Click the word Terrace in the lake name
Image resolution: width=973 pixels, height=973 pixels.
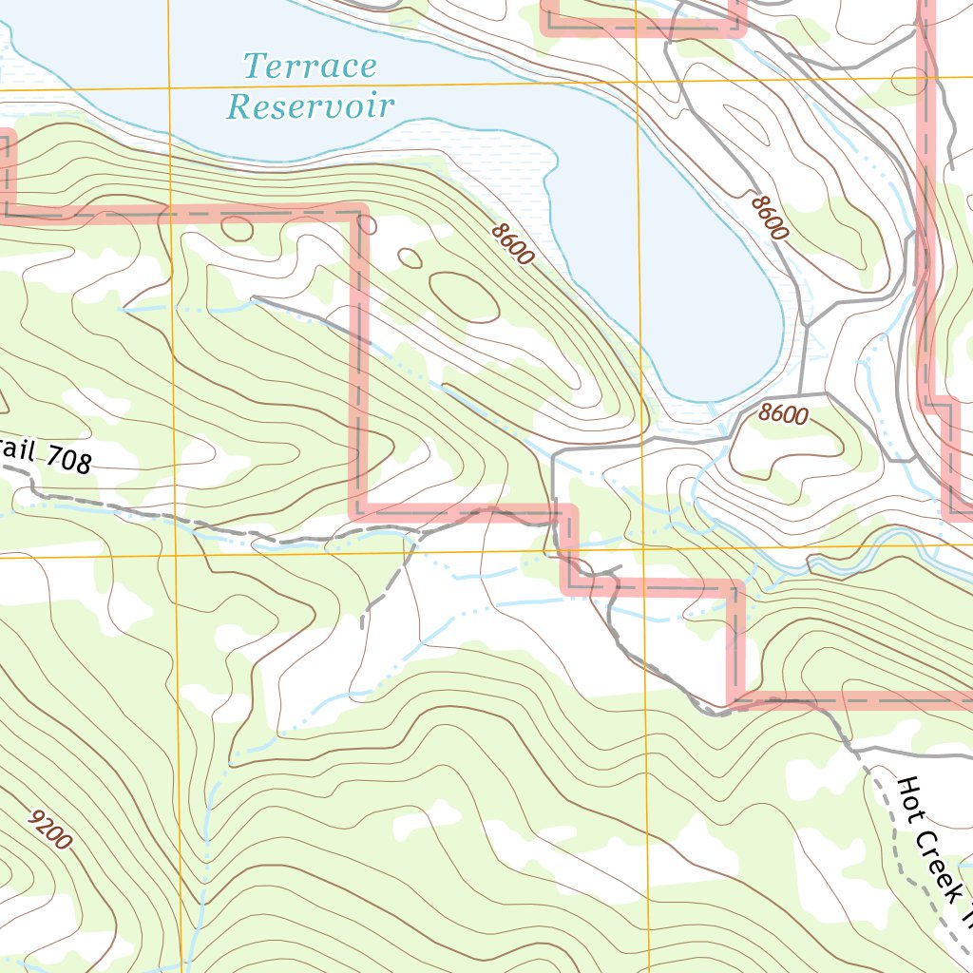click(x=310, y=67)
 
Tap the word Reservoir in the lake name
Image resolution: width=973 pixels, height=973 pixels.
click(x=310, y=105)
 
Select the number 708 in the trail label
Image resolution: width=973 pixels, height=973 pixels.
click(x=67, y=461)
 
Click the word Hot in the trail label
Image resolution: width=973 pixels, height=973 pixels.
click(x=909, y=796)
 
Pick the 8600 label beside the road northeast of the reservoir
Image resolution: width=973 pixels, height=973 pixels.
click(x=769, y=218)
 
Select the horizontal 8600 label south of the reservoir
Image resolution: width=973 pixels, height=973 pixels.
click(x=784, y=415)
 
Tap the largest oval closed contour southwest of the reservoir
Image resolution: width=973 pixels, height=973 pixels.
click(x=464, y=296)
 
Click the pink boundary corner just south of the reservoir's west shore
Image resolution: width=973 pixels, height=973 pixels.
click(x=360, y=212)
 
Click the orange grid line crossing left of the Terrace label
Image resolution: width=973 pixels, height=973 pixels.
click(x=169, y=87)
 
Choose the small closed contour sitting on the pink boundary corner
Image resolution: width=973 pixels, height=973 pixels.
click(x=366, y=225)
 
